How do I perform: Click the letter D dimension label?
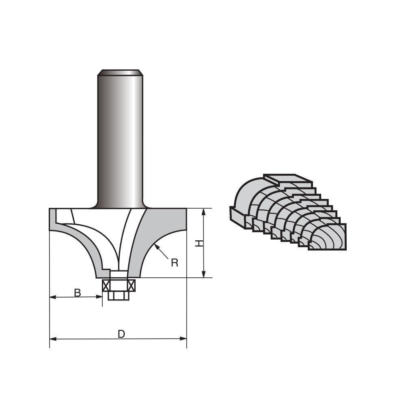coord(121,334)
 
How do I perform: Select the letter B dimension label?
coord(77,293)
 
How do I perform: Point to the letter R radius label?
coord(175,263)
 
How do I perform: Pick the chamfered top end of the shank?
coord(120,73)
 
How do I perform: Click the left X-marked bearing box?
coord(106,286)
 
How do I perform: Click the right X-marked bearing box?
coord(131,286)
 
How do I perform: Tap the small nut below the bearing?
coord(119,296)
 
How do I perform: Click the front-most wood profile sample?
coord(327,238)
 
